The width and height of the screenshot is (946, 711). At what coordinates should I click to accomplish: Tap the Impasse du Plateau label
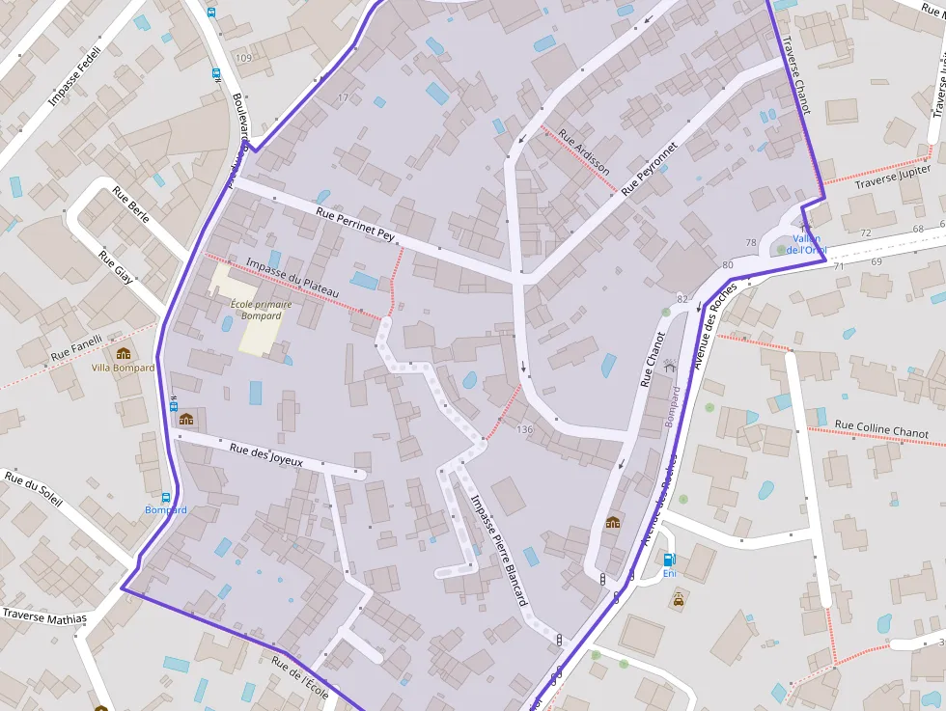click(292, 277)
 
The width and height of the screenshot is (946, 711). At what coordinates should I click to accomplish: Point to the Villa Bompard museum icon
click(123, 353)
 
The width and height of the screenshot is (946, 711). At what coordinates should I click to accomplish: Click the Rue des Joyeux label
click(266, 454)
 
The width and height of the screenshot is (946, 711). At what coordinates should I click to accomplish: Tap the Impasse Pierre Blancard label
click(498, 550)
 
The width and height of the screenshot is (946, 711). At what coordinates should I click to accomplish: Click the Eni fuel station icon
click(669, 560)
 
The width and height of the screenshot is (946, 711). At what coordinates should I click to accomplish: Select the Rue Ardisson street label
click(584, 151)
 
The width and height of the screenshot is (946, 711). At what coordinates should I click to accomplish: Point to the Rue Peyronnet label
click(650, 169)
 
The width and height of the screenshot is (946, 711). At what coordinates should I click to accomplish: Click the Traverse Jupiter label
click(893, 176)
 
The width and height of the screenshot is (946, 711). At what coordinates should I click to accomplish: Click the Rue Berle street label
click(131, 204)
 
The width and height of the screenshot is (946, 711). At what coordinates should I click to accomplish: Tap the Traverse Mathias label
click(44, 616)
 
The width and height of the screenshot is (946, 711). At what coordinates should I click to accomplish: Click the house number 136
click(524, 429)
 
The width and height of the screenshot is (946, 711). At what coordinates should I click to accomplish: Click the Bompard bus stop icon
click(167, 497)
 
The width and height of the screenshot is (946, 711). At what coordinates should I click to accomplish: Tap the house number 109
click(242, 59)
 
